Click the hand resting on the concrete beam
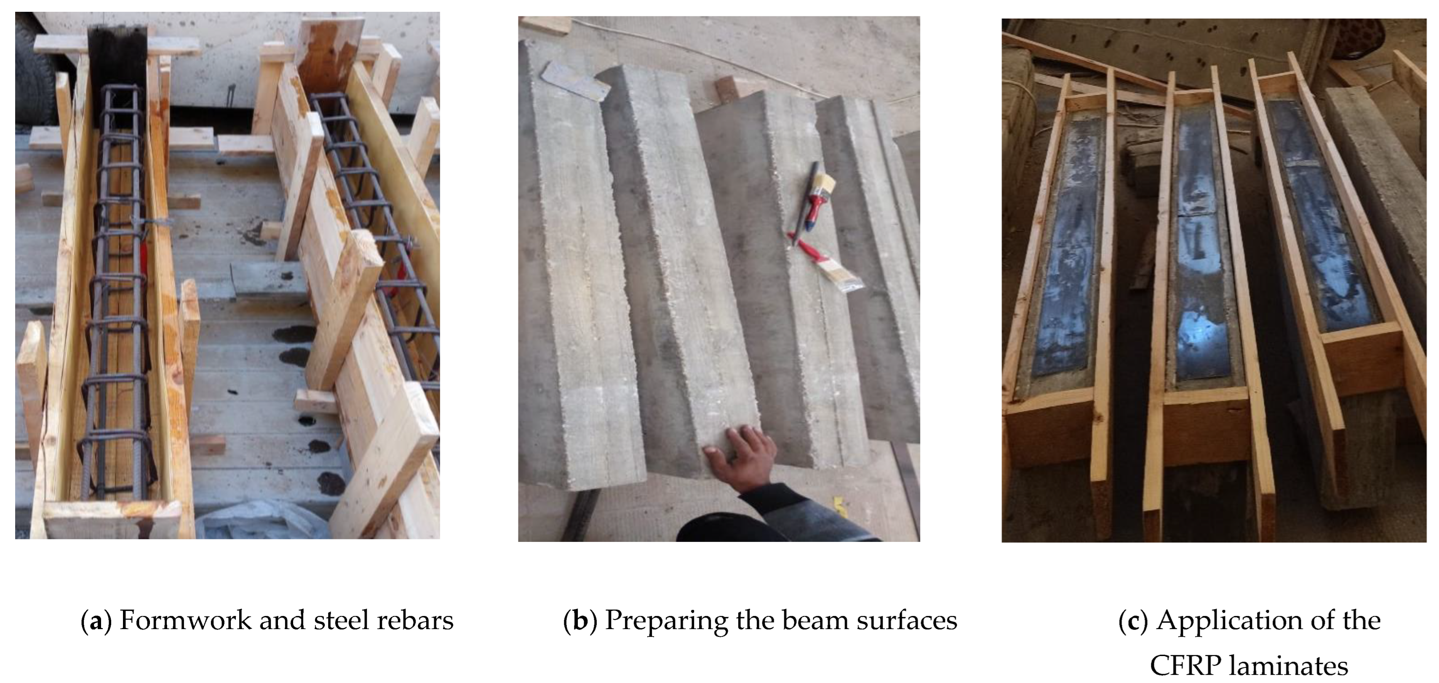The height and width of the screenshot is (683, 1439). (740, 458)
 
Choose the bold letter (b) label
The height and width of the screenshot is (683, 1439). (581, 622)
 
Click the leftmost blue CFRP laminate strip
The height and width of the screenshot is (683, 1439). (1067, 246)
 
